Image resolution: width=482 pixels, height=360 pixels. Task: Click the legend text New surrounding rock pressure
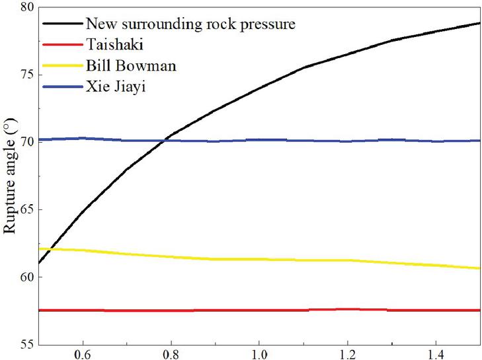(x=190, y=24)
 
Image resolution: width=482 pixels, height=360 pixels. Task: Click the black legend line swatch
(x=63, y=24)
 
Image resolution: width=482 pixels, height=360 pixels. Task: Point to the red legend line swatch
(x=63, y=45)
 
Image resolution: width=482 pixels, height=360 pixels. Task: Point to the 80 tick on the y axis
(x=26, y=8)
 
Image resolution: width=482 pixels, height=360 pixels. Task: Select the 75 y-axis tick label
(x=26, y=75)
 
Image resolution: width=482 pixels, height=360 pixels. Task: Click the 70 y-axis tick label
(x=26, y=142)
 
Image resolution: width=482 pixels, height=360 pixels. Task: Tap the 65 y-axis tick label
(x=26, y=209)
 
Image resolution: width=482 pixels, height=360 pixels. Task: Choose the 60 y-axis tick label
(x=26, y=277)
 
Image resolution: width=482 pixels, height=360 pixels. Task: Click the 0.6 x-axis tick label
(x=83, y=354)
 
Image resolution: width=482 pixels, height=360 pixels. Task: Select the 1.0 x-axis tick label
(x=260, y=354)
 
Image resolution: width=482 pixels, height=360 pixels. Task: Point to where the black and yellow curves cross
(x=49, y=249)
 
